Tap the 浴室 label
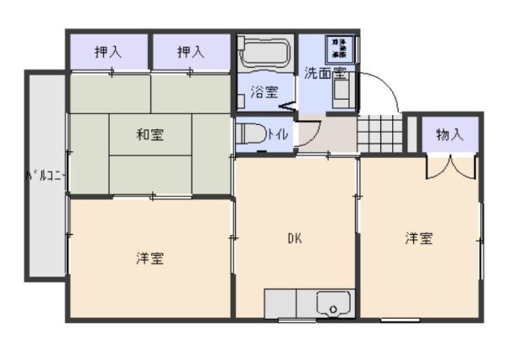tap(264, 92)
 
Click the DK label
tap(294, 237)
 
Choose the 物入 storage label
tap(450, 134)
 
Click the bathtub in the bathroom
tap(264, 52)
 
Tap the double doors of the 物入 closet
tap(450, 165)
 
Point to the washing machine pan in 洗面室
tap(344, 49)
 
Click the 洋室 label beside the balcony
tap(150, 258)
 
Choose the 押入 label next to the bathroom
tap(191, 52)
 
